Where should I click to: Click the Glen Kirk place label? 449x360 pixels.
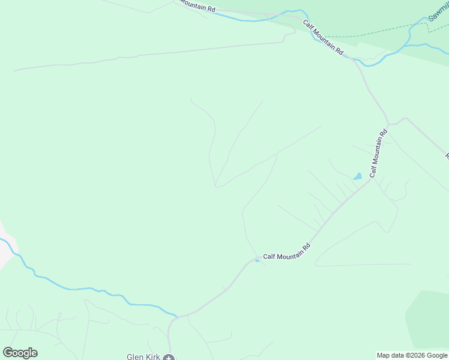click(x=143, y=357)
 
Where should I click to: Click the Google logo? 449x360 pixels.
click(x=20, y=353)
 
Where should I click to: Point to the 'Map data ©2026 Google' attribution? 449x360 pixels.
click(x=412, y=355)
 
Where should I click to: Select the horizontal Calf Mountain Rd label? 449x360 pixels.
click(x=286, y=251)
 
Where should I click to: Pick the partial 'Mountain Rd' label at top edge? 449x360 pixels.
click(x=196, y=6)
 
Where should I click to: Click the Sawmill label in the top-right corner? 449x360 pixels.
click(x=438, y=11)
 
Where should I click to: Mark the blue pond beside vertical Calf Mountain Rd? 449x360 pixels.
click(x=358, y=176)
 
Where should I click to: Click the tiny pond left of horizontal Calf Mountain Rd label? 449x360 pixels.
click(x=257, y=260)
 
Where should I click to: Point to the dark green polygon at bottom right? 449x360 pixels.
click(x=427, y=318)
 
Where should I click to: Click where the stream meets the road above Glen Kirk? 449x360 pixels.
click(x=176, y=316)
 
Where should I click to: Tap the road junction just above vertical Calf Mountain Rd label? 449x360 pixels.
click(x=389, y=124)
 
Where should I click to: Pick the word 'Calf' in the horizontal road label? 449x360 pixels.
click(x=269, y=256)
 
